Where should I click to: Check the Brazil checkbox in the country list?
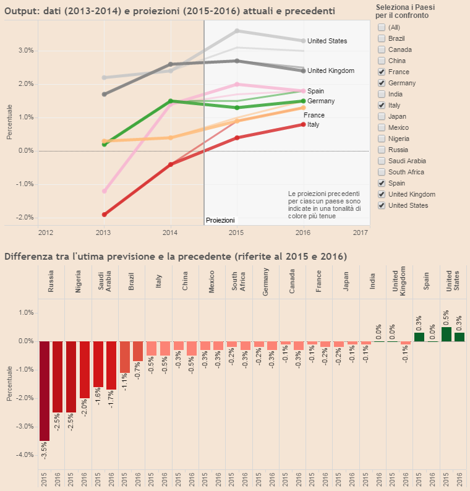382,38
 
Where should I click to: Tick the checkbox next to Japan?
382,116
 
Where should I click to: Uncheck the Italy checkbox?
382,105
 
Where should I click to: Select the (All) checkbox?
382,27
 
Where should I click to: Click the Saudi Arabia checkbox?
382,161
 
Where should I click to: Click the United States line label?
327,41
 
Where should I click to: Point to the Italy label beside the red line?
314,125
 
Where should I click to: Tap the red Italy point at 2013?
105,215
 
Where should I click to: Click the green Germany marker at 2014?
170,101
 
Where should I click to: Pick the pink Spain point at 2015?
237,84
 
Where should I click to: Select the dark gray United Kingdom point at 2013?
105,94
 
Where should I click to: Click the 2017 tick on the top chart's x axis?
360,233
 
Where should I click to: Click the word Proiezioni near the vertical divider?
220,220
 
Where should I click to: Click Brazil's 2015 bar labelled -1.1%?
124,357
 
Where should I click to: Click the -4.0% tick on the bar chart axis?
24,455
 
